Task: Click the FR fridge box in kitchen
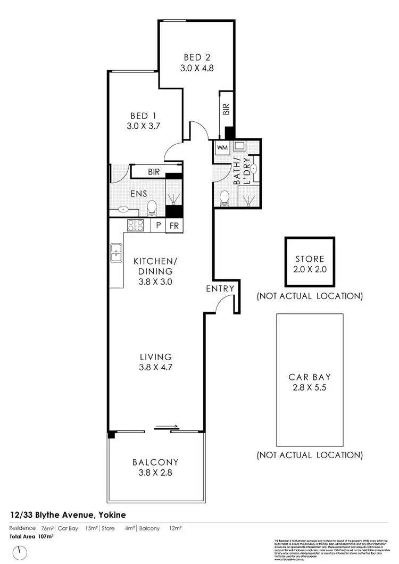pyautogui.click(x=174, y=226)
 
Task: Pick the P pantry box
pyautogui.click(x=158, y=226)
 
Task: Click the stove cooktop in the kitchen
pyautogui.click(x=136, y=226)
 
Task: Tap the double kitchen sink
pyautogui.click(x=116, y=253)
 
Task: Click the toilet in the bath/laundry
pyautogui.click(x=224, y=198)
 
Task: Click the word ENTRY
pyautogui.click(x=220, y=288)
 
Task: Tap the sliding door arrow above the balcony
pyautogui.click(x=165, y=426)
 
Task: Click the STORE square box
pyautogui.click(x=310, y=264)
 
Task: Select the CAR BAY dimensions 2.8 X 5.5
pyautogui.click(x=310, y=387)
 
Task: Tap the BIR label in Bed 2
pyautogui.click(x=226, y=110)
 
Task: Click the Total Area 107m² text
pyautogui.click(x=32, y=536)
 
